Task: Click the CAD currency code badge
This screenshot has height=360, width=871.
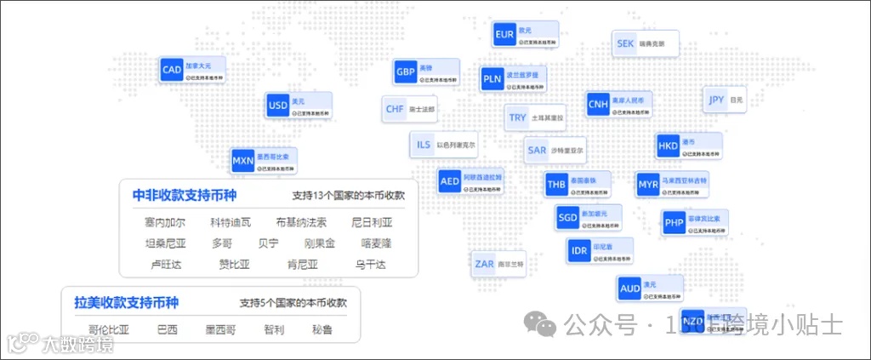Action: [172, 70]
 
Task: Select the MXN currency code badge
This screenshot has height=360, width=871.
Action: [243, 160]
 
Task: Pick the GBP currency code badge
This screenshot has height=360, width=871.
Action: [406, 71]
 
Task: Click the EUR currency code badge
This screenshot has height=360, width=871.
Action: [504, 35]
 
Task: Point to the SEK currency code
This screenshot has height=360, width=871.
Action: [625, 43]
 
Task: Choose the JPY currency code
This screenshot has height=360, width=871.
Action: [716, 100]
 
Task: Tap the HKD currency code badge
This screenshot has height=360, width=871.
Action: [669, 146]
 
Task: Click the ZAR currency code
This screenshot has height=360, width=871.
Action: [485, 264]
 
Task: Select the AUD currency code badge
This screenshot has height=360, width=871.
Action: [630, 289]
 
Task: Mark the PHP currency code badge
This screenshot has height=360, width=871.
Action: [675, 224]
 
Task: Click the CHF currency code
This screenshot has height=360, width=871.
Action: [396, 110]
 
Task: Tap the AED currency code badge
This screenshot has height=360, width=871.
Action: [450, 182]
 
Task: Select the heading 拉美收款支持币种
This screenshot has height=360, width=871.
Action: [126, 303]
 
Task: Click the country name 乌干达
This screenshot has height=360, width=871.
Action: [371, 265]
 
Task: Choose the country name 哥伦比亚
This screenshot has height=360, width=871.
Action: [109, 329]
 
